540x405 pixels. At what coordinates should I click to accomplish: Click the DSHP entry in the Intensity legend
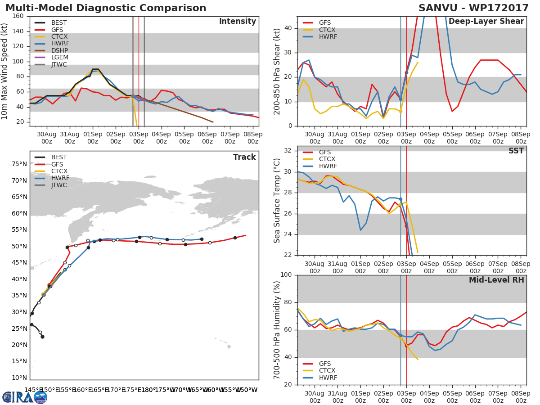pos(59,50)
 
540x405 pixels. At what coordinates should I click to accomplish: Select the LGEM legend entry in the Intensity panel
pos(59,58)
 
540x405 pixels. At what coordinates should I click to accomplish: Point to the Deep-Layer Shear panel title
pos(486,22)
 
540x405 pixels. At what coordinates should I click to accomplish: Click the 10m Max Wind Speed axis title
pos(5,72)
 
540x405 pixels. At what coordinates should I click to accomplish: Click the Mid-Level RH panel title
pos(496,280)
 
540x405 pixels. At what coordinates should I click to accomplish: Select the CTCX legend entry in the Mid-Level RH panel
pos(328,370)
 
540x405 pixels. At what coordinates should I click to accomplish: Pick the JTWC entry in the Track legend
pos(59,185)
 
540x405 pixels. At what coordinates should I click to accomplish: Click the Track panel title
pos(244,157)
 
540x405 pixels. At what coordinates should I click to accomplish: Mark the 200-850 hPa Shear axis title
pos(277,72)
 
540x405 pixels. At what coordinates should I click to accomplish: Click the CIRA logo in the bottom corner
pos(25,397)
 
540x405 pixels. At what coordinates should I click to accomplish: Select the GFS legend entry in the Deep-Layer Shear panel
pos(324,22)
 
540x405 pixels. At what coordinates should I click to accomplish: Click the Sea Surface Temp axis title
pos(277,201)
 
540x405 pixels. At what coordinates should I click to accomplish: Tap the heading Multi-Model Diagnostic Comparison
pos(106,8)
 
